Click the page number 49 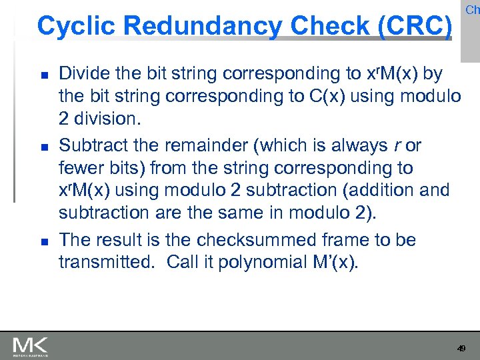click(x=461, y=349)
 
